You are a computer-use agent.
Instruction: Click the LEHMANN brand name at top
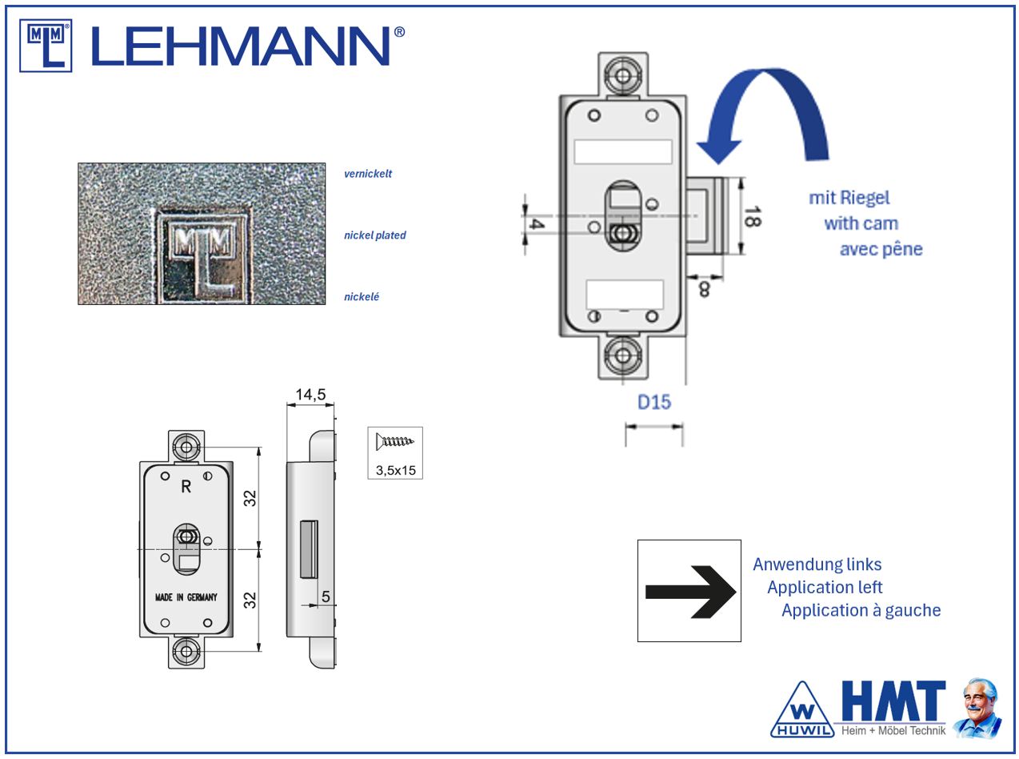click(248, 46)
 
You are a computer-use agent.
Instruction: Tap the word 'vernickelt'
click(368, 174)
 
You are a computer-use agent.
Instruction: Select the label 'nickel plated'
click(375, 235)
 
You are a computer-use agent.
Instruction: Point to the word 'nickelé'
click(362, 297)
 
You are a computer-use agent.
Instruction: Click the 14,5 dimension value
click(310, 395)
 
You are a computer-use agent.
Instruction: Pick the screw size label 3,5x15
click(396, 470)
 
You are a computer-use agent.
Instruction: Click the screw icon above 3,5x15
click(395, 441)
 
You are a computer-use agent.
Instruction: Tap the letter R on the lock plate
click(186, 487)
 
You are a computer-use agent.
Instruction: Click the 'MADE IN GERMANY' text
click(186, 597)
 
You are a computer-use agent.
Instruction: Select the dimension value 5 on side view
click(326, 596)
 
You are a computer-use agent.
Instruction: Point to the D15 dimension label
click(653, 402)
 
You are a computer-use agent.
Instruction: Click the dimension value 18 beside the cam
click(751, 216)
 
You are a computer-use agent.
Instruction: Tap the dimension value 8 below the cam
click(704, 289)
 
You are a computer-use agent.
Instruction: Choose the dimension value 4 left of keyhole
click(537, 225)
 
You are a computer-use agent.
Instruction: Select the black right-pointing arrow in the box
click(689, 592)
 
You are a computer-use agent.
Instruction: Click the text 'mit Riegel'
click(849, 198)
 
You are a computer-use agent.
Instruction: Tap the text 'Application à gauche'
click(861, 610)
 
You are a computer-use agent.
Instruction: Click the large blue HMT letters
click(892, 702)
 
